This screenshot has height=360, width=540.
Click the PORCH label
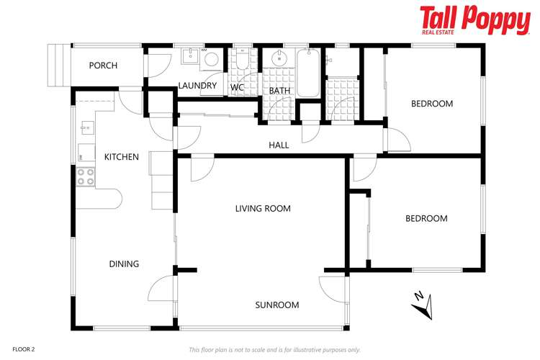tap(103, 66)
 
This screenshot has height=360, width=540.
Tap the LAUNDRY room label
tap(197, 86)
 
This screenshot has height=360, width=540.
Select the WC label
tap(237, 88)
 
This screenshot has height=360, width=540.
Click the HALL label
tap(279, 145)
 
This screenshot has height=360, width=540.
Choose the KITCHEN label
tap(121, 157)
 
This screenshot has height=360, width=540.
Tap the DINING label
tap(124, 264)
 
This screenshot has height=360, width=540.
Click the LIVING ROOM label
tap(263, 209)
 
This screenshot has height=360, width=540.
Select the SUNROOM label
tap(276, 305)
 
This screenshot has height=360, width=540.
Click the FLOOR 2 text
tap(24, 348)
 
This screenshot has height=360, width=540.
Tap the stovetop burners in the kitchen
tap(85, 176)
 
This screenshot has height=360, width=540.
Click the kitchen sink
tap(85, 129)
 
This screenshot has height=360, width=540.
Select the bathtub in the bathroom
tap(310, 73)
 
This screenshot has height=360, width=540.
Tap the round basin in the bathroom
tap(277, 58)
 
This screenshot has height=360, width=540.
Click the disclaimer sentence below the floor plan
tap(274, 349)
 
